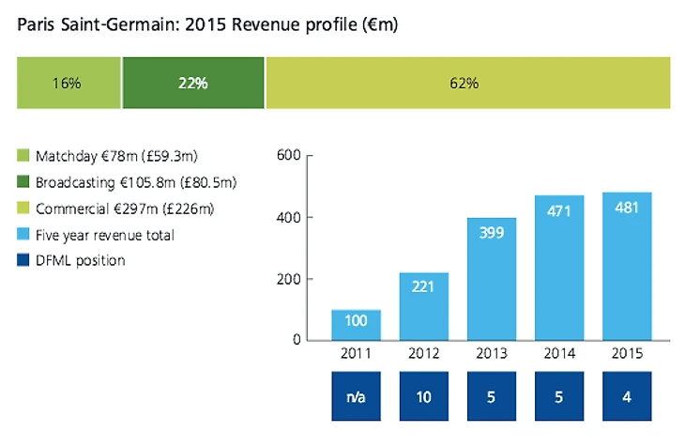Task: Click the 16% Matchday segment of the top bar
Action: [68, 83]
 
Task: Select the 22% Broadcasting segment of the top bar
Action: [193, 83]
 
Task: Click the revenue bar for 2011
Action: [356, 324]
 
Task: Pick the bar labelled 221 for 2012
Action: [423, 305]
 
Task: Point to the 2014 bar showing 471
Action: [559, 267]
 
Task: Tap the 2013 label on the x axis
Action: [492, 355]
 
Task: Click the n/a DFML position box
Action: [356, 397]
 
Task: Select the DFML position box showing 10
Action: [423, 397]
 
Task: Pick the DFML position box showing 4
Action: [627, 397]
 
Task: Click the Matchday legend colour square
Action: [23, 155]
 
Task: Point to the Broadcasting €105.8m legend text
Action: [136, 181]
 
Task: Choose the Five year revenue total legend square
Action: [23, 234]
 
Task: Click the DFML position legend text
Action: [79, 260]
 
